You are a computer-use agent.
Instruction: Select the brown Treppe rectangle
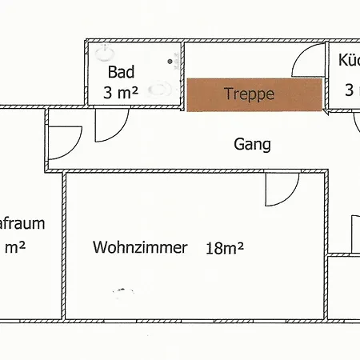(254, 94)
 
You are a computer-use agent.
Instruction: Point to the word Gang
(252, 145)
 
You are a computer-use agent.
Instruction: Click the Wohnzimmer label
(140, 247)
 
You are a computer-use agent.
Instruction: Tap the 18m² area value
(223, 247)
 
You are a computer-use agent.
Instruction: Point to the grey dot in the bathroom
(169, 60)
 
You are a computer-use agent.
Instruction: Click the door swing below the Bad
(110, 126)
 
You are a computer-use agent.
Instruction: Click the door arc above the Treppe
(306, 63)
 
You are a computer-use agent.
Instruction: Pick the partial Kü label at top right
(349, 61)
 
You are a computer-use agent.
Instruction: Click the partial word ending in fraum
(22, 224)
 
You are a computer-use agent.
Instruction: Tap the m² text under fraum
(15, 247)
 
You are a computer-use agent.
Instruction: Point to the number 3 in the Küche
(350, 90)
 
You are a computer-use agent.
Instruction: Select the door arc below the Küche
(357, 126)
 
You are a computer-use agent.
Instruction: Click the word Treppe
(249, 94)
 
